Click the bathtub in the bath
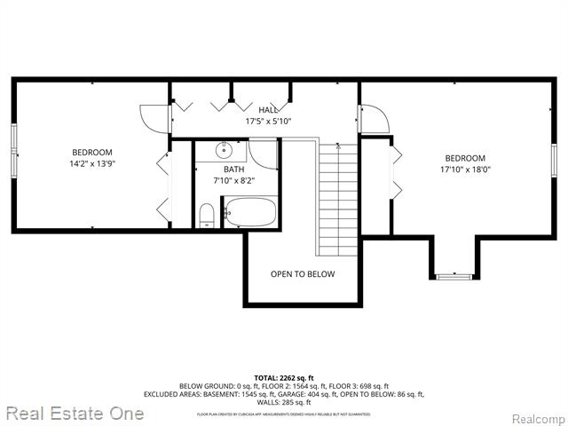coord(249,213)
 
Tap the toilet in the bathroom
coord(206,215)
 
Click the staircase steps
coord(337,200)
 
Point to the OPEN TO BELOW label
coord(303,274)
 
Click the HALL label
coord(268,109)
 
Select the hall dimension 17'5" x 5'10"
coord(268,122)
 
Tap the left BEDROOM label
coord(91,152)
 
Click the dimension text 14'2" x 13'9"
coord(91,164)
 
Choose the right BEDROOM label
coord(465,158)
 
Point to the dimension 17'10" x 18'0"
coord(465,170)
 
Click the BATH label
coord(234,169)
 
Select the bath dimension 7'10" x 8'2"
coord(234,181)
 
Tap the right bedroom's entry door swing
coord(374,120)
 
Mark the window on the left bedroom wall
coord(14,150)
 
